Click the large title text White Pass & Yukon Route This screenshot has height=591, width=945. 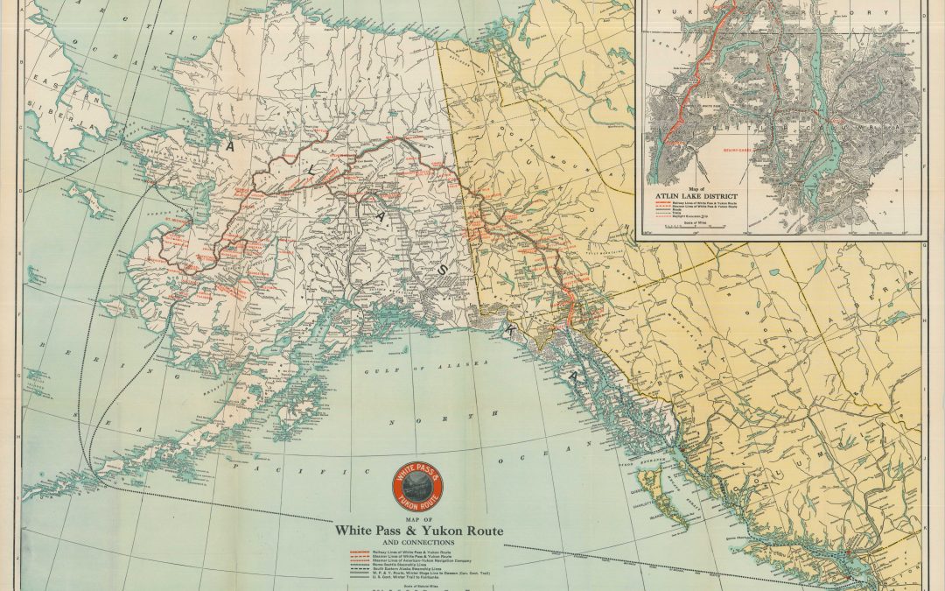(x=419, y=531)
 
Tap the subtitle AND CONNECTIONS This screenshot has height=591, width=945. (x=419, y=543)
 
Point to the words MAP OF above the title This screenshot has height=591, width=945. (x=419, y=519)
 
